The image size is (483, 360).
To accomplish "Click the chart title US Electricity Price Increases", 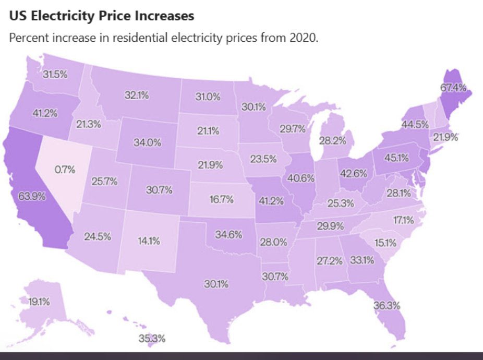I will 102,16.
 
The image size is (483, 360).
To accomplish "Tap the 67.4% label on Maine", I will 453,88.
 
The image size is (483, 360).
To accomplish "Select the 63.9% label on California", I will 32,197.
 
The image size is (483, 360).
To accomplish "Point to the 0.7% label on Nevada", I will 65,170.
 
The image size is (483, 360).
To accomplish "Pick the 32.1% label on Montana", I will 137,95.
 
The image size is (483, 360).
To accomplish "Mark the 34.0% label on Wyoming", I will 148,142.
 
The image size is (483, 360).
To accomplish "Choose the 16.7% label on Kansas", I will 221,199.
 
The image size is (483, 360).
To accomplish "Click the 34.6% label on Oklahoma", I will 228,234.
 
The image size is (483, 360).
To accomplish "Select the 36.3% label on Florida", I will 387,306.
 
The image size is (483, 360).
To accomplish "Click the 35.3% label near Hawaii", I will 152,338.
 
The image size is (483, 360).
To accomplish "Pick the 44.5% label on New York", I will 415,125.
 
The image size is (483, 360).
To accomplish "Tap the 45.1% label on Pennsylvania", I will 396,158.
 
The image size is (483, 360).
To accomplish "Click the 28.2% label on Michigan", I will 332,140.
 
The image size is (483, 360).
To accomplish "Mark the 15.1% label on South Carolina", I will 386,243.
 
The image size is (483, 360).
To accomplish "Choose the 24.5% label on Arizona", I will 98,236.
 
